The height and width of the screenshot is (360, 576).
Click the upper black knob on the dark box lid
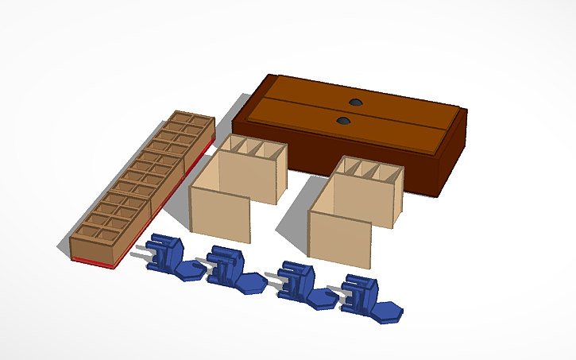[354, 103]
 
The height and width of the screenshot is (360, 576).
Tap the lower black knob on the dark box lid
[343, 121]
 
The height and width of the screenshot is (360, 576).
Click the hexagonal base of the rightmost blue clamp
[388, 311]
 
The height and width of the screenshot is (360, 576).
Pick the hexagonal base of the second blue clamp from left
[250, 283]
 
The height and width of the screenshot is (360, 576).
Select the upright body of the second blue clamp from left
[224, 266]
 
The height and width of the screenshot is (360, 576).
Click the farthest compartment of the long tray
[195, 122]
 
